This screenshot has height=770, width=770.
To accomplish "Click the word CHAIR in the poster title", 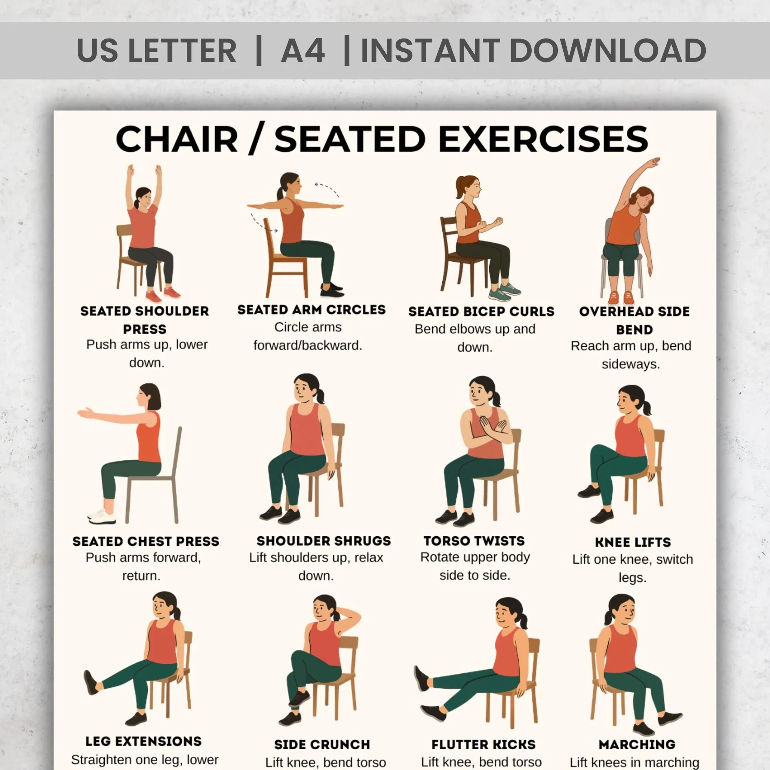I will [177, 139].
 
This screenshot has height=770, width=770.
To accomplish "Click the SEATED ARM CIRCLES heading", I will [311, 310].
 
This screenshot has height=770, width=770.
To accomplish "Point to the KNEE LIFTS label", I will [633, 542].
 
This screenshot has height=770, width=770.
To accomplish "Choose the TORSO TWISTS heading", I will [474, 541].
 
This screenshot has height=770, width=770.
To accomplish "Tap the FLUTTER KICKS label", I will [483, 744].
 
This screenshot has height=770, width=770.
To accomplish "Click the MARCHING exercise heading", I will [636, 744].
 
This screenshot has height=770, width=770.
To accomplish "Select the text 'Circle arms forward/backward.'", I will [308, 336].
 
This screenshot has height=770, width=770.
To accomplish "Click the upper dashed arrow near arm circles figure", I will [327, 189].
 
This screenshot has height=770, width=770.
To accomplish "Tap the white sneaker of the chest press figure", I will [102, 516].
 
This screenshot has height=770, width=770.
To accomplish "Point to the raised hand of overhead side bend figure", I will [654, 162].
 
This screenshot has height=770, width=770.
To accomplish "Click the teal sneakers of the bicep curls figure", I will [504, 292].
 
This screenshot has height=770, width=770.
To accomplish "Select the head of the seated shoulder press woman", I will [144, 196].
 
